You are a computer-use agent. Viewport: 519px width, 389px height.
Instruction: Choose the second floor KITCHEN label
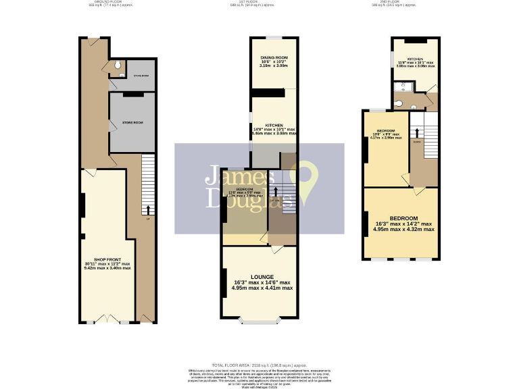click(x=415, y=59)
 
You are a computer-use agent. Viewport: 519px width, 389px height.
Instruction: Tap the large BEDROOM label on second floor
click(x=403, y=218)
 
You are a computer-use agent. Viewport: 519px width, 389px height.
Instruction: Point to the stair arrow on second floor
click(x=417, y=133)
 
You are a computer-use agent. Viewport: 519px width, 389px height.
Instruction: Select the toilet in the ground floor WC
click(x=118, y=66)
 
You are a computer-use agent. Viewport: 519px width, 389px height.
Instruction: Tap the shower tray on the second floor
click(x=399, y=86)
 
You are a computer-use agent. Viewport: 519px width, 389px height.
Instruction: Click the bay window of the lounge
click(x=259, y=321)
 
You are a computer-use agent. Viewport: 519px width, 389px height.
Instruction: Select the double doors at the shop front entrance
click(x=107, y=318)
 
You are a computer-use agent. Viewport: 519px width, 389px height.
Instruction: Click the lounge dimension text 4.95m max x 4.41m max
click(x=262, y=288)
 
